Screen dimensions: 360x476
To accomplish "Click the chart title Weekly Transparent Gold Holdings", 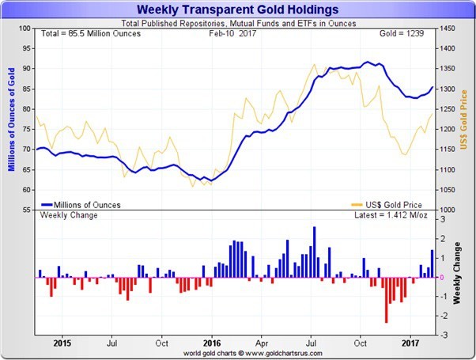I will pyautogui.click(x=237, y=9).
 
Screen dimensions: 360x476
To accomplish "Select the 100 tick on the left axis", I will pyautogui.click(x=24, y=28).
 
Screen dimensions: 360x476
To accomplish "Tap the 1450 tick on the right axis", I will pyautogui.click(x=447, y=28).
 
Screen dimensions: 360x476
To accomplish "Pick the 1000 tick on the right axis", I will pyautogui.click(x=447, y=210).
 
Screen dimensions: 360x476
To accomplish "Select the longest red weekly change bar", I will pyautogui.click(x=386, y=300).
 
